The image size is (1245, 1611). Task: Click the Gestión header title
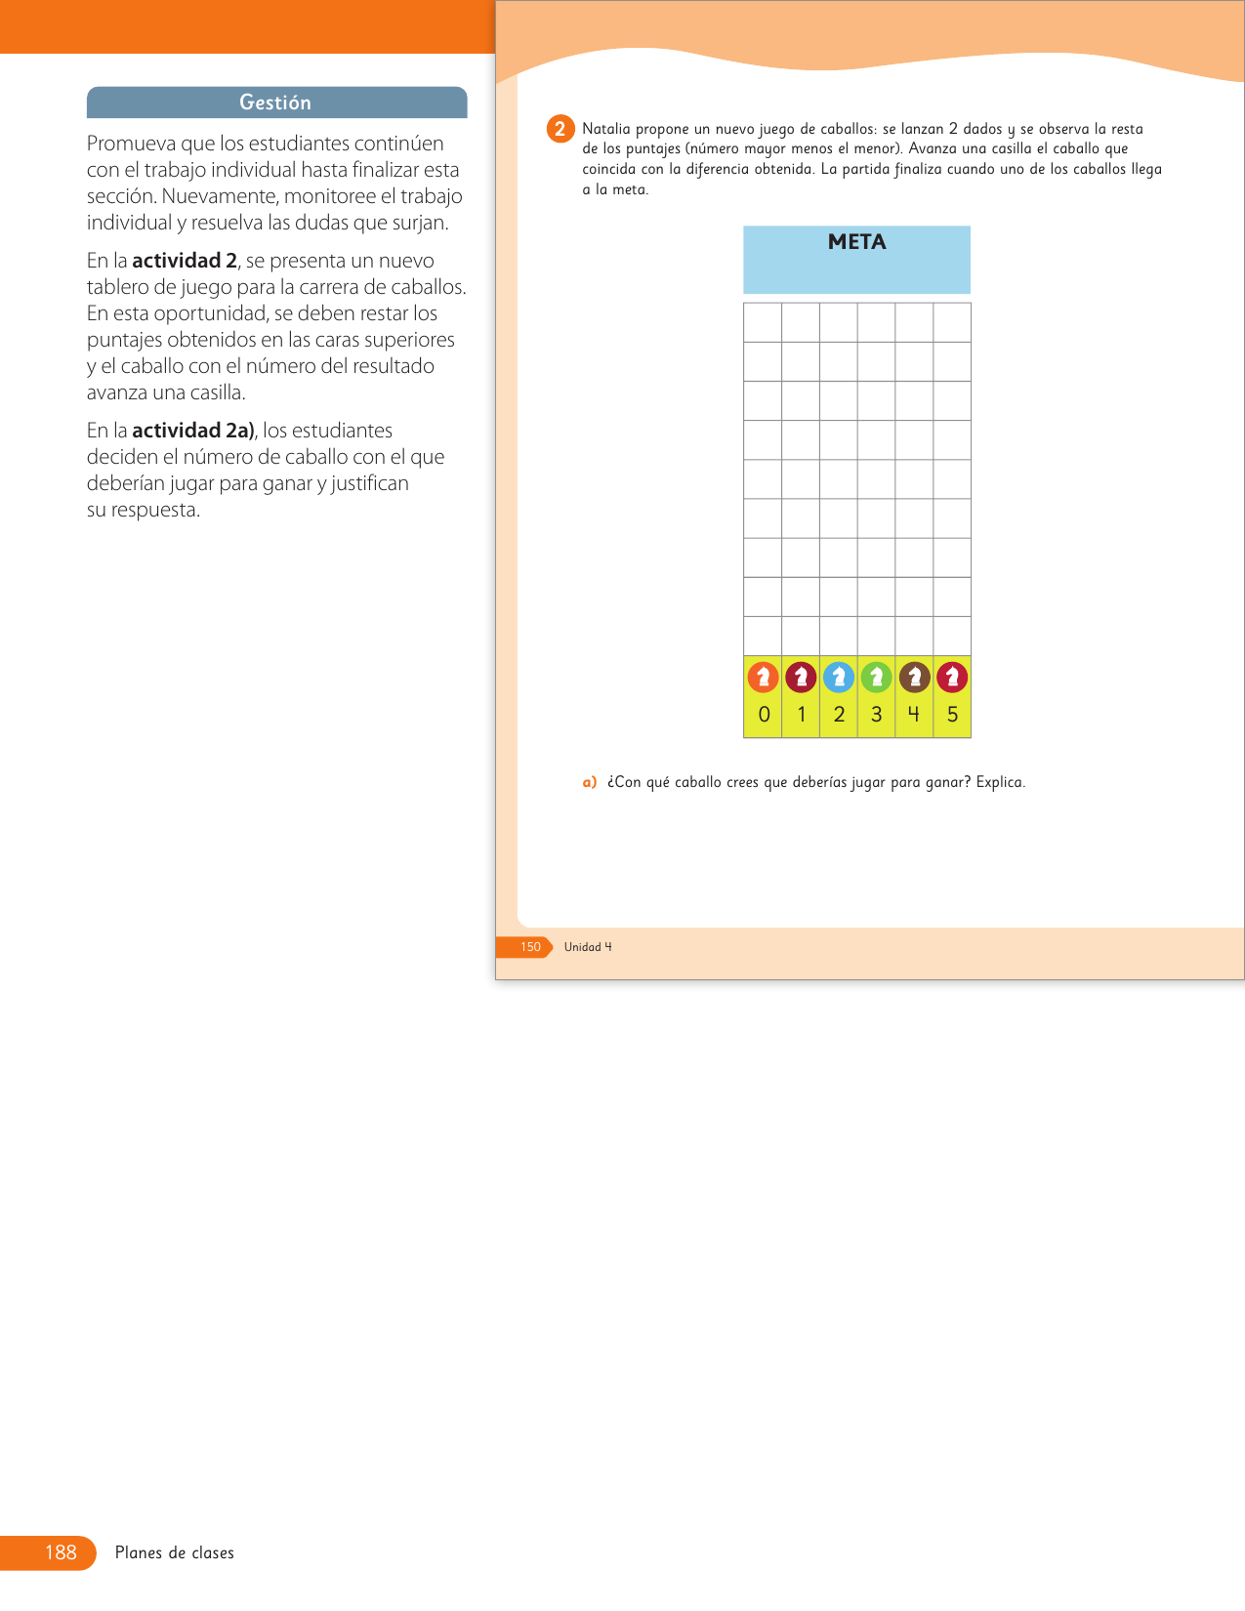275,103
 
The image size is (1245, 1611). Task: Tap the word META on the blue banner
856,242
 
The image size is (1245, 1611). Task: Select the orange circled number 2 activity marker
560,129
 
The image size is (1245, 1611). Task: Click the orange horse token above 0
763,677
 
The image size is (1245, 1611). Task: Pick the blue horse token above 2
839,677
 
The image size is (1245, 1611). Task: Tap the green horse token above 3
876,677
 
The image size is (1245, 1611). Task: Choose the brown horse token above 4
914,677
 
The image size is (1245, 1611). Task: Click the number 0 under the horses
764,715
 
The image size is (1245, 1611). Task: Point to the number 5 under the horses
952,715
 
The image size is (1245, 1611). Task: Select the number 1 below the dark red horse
802,715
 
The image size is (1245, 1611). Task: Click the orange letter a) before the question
589,782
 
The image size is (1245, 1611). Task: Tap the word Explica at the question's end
1000,782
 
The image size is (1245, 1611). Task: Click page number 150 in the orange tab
530,947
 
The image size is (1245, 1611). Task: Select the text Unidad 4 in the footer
588,947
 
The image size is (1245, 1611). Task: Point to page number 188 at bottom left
61,1552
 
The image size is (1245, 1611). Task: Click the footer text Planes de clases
175,1552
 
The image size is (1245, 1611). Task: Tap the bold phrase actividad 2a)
193,431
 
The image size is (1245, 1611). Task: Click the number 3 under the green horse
876,715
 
